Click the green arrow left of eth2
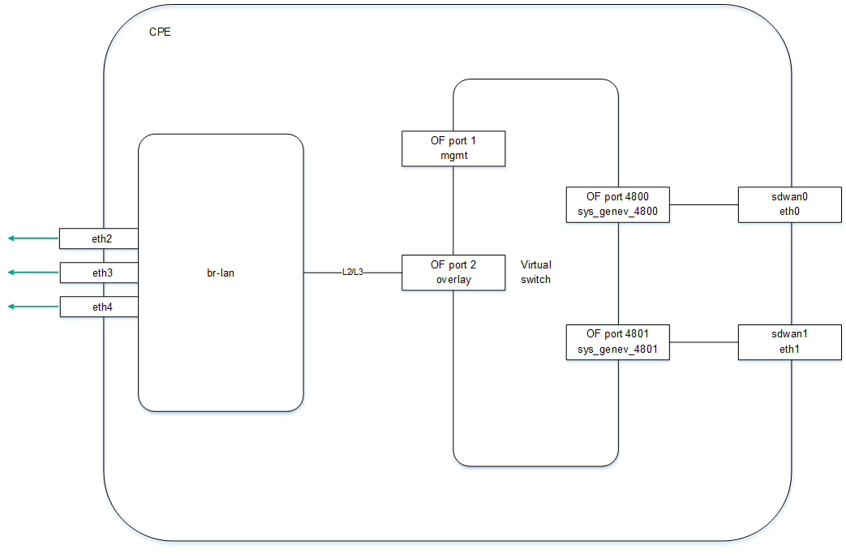[33, 238]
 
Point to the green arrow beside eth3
[33, 273]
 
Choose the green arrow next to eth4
[33, 307]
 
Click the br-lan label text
[220, 273]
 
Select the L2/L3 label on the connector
[353, 273]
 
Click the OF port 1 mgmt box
[453, 148]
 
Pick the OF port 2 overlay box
[453, 273]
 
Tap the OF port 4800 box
[617, 204]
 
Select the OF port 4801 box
[617, 341]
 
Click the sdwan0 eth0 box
[789, 204]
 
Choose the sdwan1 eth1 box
[789, 341]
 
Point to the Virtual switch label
[535, 272]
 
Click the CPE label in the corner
[160, 33]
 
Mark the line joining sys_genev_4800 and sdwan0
[703, 204]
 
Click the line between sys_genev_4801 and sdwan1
[703, 341]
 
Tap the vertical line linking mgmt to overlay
[453, 210]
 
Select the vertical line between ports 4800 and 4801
[619, 273]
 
